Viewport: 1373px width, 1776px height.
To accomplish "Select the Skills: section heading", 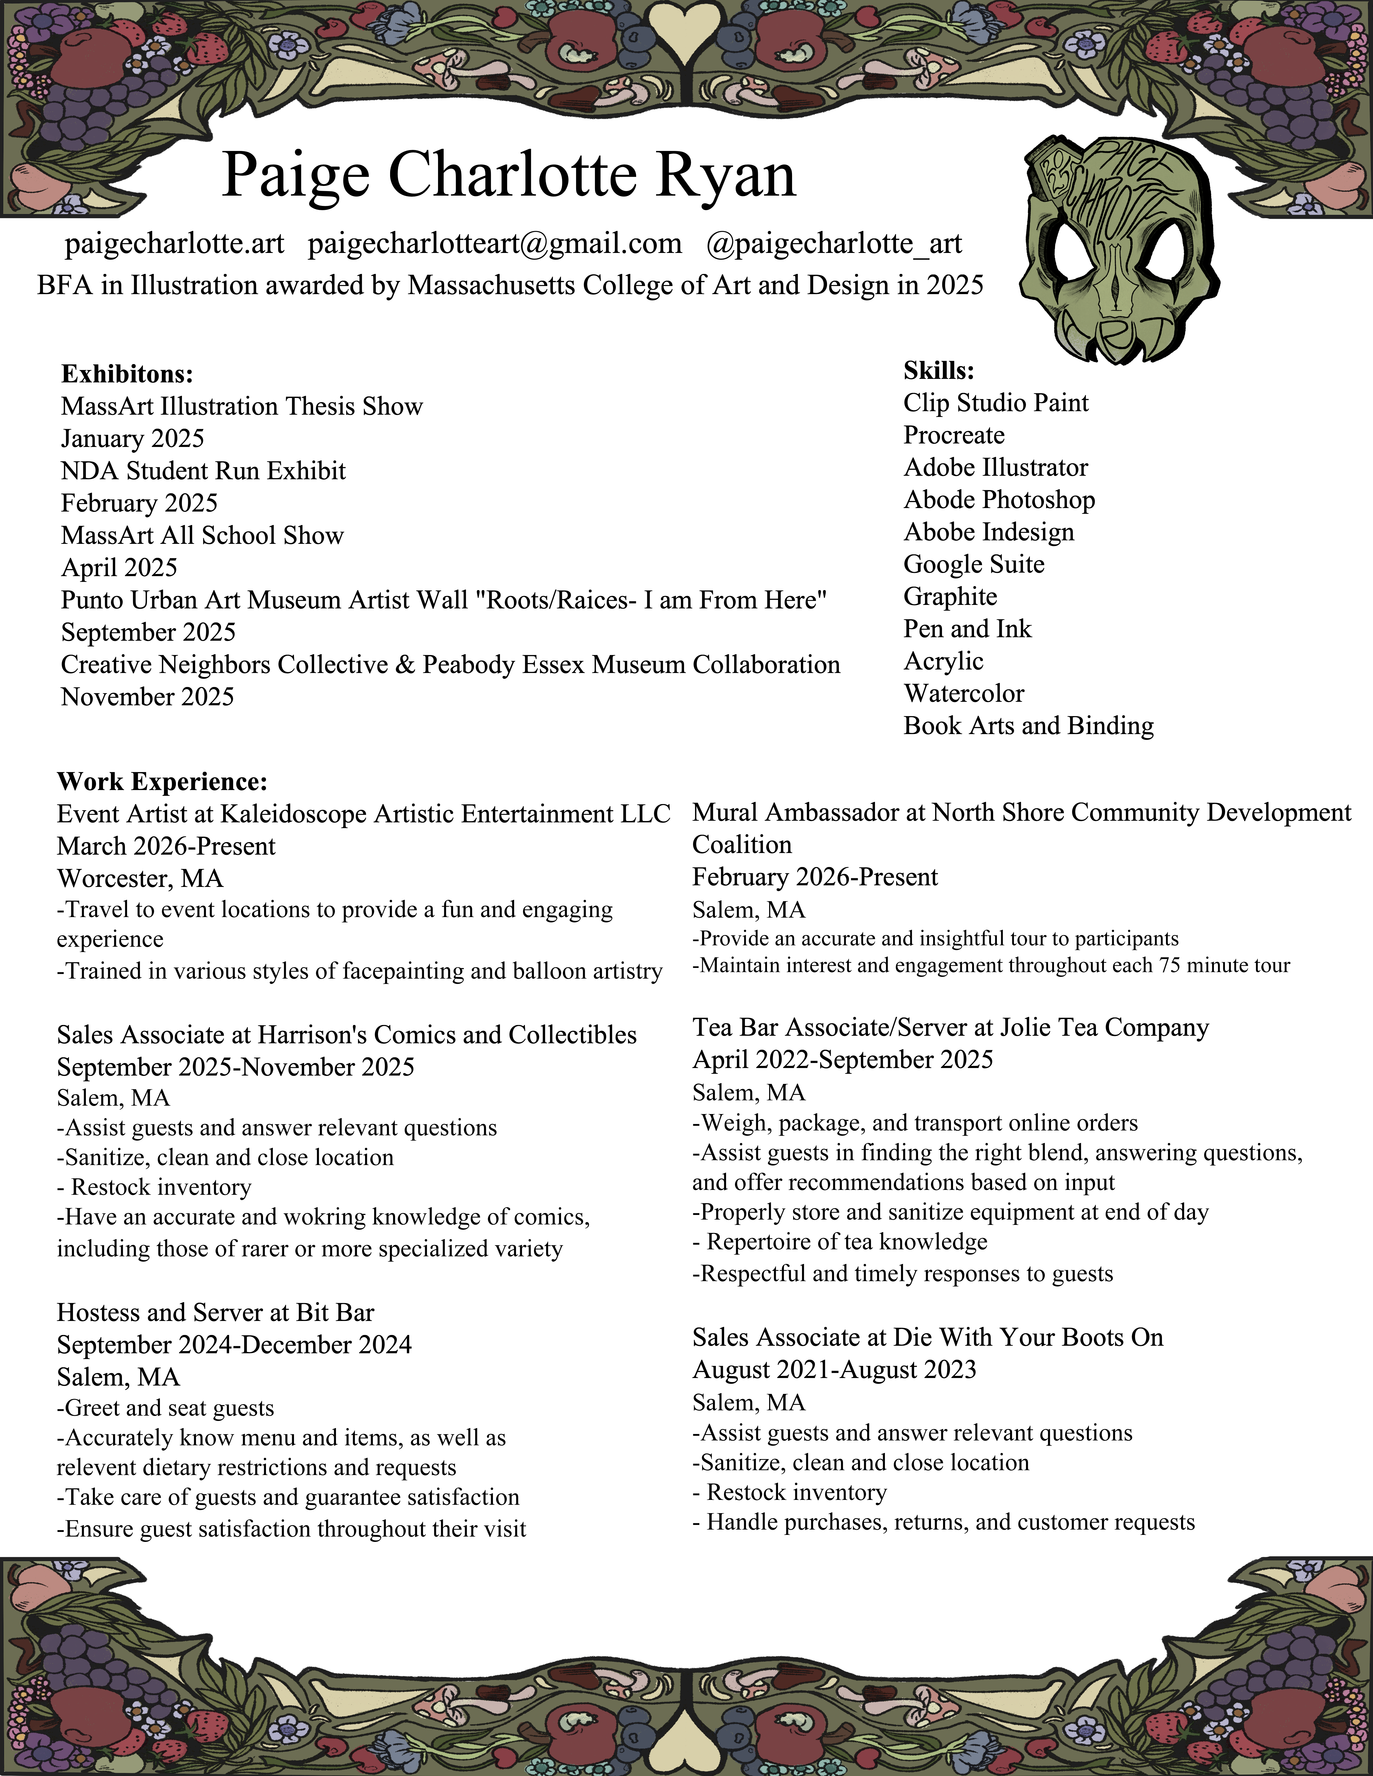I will coord(939,371).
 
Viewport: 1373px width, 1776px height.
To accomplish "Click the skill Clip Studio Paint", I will coord(996,403).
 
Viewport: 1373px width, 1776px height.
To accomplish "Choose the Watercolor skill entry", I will coord(964,694).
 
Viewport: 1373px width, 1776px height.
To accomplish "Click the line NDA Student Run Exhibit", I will coord(203,471).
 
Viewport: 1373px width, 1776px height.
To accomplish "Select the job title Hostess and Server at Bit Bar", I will coord(216,1312).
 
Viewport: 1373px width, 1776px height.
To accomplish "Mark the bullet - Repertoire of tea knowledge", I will coord(840,1242).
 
